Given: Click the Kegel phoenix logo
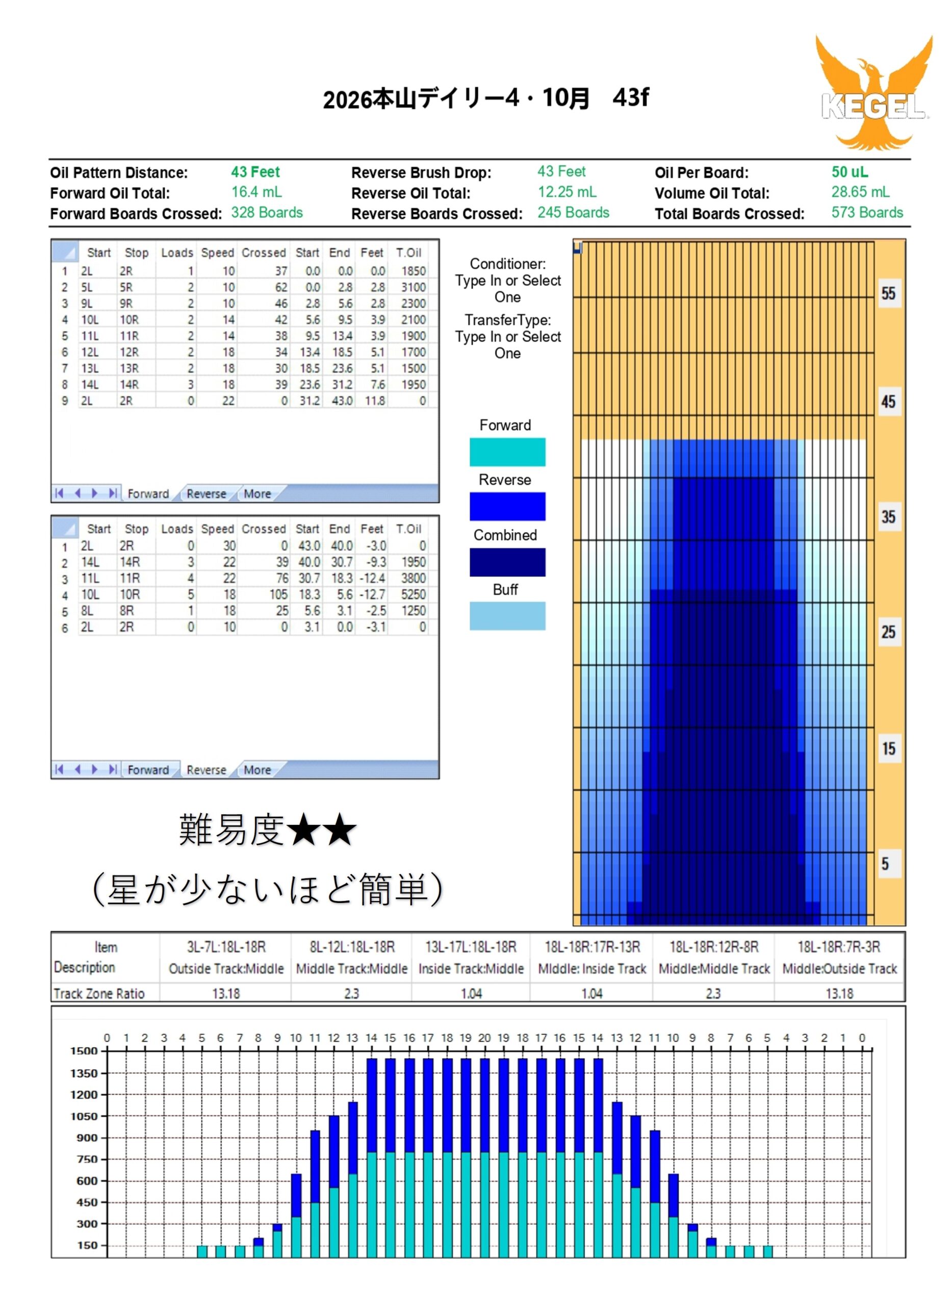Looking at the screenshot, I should pos(873,92).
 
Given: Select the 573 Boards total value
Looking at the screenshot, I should pos(866,213).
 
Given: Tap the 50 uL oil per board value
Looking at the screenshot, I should pos(849,172).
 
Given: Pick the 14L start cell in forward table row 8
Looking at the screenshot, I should pos(90,385).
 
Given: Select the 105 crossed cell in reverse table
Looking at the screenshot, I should pos(278,594).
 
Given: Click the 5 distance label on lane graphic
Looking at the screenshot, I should pos(885,864).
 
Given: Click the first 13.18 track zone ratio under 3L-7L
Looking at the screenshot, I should pos(226,993).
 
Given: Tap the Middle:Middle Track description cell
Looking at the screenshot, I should pos(714,969).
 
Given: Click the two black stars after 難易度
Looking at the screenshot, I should pos(321,831).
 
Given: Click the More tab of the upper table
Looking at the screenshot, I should pos(257,493).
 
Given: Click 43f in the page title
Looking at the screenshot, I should pos(630,98).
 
